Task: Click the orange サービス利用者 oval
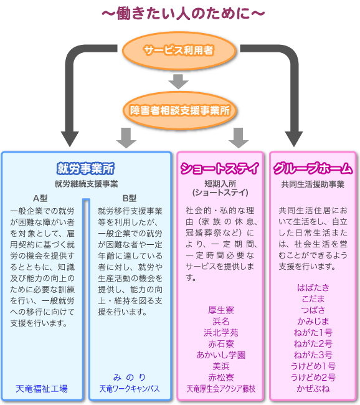tap(179, 50)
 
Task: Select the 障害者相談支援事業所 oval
tap(180, 110)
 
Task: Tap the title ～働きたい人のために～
tap(183, 13)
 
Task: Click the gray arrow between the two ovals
tap(179, 82)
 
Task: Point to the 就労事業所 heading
tap(85, 168)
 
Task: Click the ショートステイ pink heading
tap(220, 168)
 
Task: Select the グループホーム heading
tap(313, 168)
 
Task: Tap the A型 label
tap(40, 198)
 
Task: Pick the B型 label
tap(130, 198)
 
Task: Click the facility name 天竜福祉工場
tap(42, 389)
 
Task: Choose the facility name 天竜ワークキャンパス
tap(130, 389)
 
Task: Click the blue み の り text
tap(130, 378)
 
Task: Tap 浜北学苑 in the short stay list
tap(221, 333)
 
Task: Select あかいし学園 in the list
tap(221, 355)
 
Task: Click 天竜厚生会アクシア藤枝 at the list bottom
tap(221, 389)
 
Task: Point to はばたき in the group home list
tap(313, 287)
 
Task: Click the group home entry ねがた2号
tap(313, 344)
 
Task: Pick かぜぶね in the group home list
tap(313, 389)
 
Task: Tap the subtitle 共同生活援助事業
tap(313, 184)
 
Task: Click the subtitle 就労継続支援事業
tap(86, 184)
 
